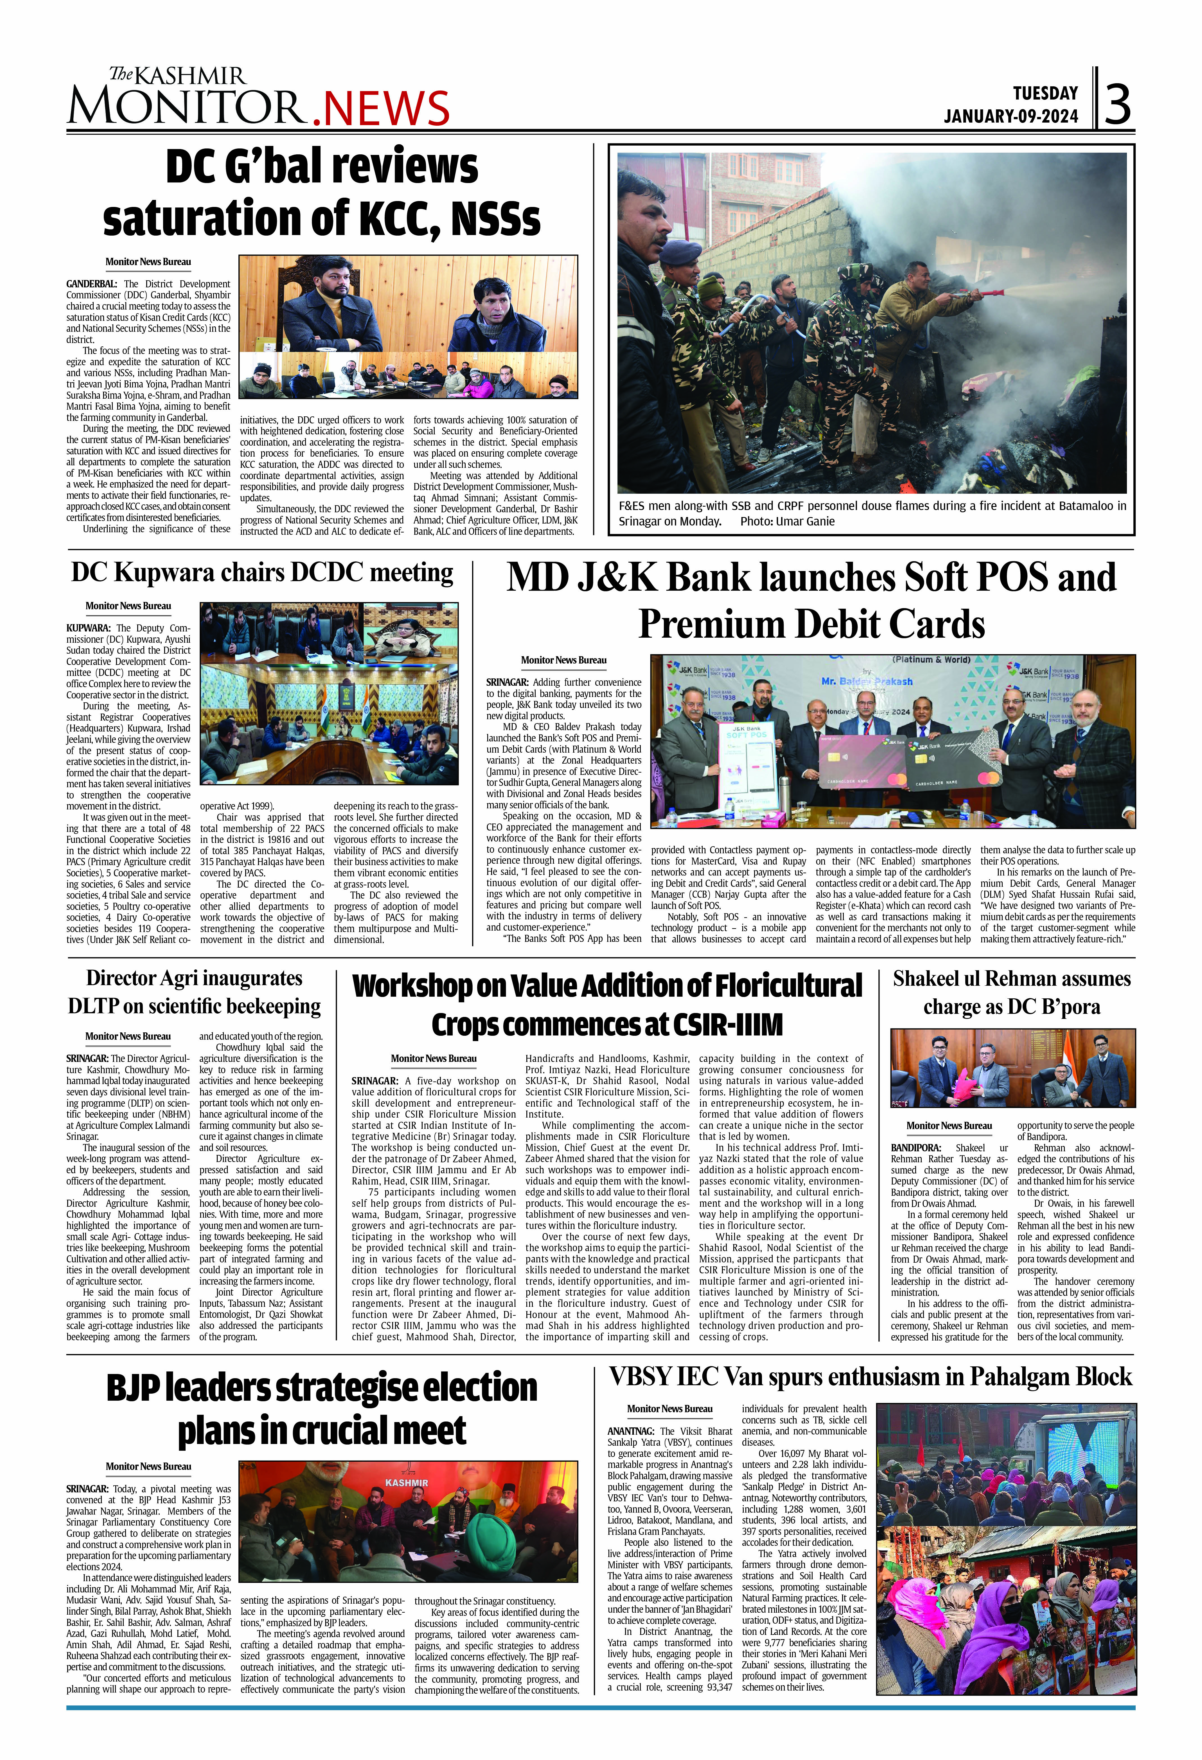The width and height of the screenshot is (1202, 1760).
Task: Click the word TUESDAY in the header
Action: click(x=1045, y=93)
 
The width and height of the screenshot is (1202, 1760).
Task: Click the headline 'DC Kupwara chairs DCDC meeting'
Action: click(x=262, y=572)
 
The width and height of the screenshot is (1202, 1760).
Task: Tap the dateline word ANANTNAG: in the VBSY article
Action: click(x=631, y=1431)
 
